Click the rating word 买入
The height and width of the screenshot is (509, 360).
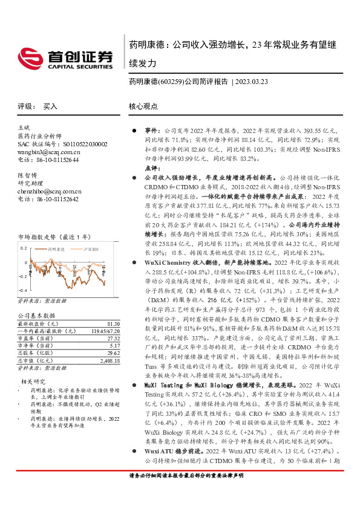tap(50, 106)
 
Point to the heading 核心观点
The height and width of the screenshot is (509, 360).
tap(143, 106)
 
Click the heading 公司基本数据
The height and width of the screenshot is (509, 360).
tap(36, 316)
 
